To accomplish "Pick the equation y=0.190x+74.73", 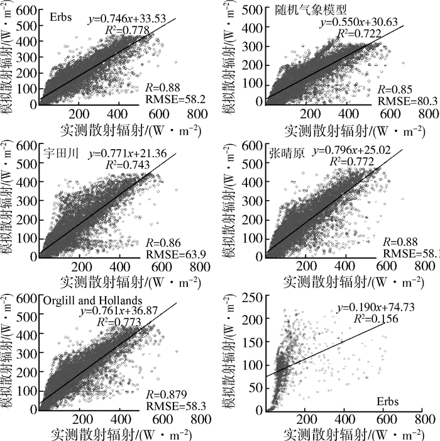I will [x=371, y=308].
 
